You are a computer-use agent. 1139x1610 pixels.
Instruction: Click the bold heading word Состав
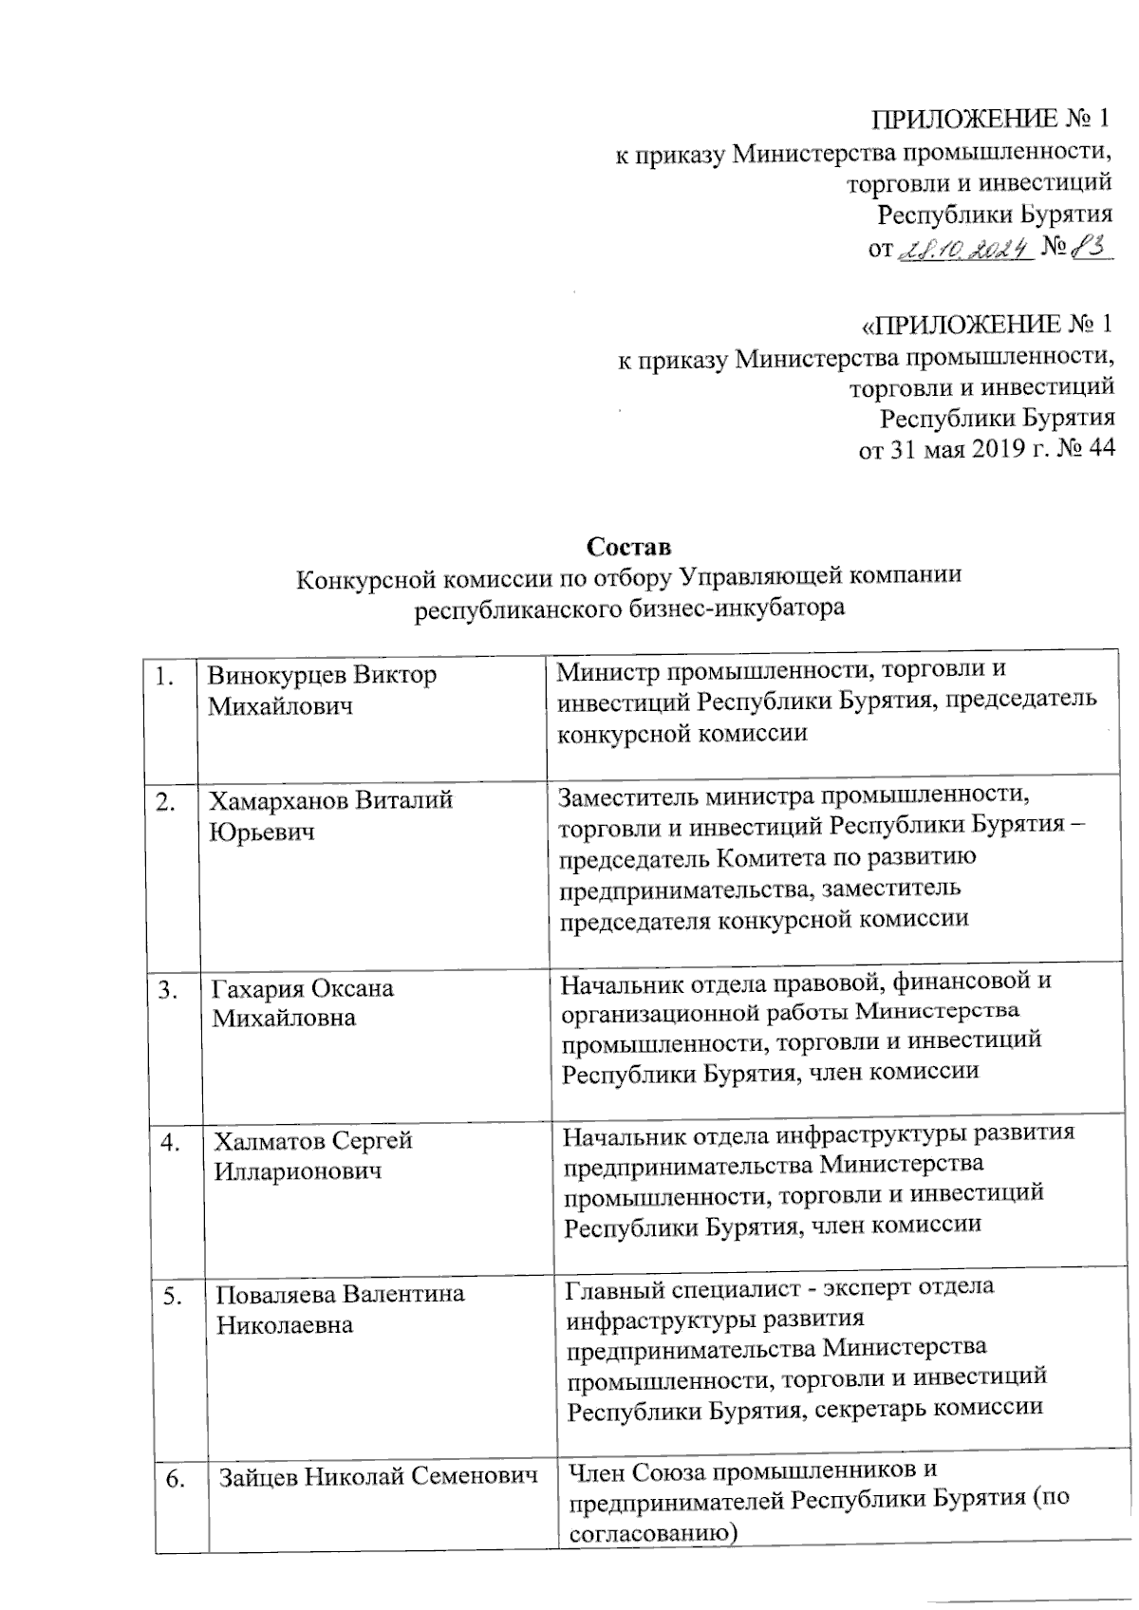pos(628,548)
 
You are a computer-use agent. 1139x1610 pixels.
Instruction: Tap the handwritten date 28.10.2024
pos(964,250)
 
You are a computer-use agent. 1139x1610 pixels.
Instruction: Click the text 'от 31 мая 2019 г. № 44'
pos(986,449)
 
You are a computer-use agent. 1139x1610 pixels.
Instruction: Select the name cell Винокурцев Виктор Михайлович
pos(322,690)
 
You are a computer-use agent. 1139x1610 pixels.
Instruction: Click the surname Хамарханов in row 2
pos(279,800)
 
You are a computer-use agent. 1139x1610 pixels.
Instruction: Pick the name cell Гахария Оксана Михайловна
pos(302,1002)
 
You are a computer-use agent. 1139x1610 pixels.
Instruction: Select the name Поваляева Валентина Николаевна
pos(339,1309)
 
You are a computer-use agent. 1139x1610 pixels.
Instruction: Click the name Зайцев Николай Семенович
pos(378,1477)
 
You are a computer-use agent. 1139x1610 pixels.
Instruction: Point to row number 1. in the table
pos(166,677)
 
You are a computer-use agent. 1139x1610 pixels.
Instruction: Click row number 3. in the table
pos(170,990)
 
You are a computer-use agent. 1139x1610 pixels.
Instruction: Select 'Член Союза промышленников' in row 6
pos(751,1470)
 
